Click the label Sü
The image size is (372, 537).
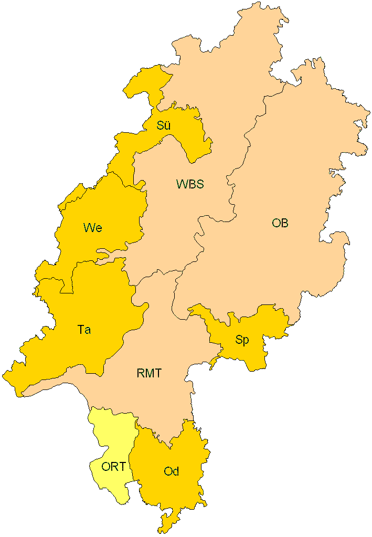pyautogui.click(x=164, y=125)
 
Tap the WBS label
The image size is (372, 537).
pyautogui.click(x=189, y=184)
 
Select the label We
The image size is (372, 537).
pyautogui.click(x=92, y=228)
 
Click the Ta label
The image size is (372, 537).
pyautogui.click(x=84, y=330)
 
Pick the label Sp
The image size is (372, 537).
pyautogui.click(x=242, y=340)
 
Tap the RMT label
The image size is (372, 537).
pyautogui.click(x=149, y=374)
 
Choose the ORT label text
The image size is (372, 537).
pyautogui.click(x=113, y=467)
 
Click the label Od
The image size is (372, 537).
pyautogui.click(x=171, y=471)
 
